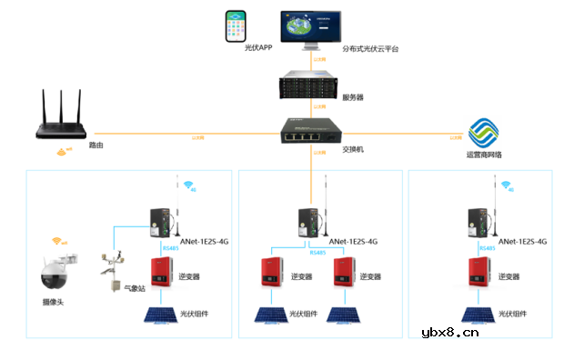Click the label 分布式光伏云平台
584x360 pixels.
tap(370, 48)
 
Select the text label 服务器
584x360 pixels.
tap(353, 95)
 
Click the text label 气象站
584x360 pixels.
tap(136, 288)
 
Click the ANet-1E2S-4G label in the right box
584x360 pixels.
tap(518, 242)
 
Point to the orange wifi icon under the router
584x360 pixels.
tap(61, 151)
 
